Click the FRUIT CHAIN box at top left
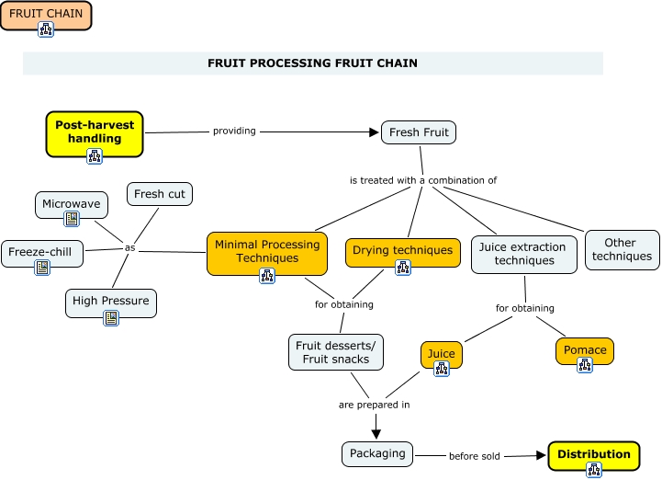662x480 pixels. pyautogui.click(x=46, y=15)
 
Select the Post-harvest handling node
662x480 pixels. pyautogui.click(x=95, y=131)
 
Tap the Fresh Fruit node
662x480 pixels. pyautogui.click(x=419, y=132)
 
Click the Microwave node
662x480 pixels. pyautogui.click(x=72, y=204)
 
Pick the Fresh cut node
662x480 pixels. pyautogui.click(x=160, y=194)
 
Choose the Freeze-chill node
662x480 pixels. pyautogui.click(x=42, y=252)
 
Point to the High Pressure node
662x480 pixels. pyautogui.click(x=111, y=301)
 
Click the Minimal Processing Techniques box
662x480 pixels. pyautogui.click(x=267, y=251)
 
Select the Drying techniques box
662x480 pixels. pyautogui.click(x=403, y=250)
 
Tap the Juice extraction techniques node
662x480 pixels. pyautogui.click(x=524, y=254)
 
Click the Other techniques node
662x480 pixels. pyautogui.click(x=622, y=250)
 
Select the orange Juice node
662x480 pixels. pyautogui.click(x=442, y=353)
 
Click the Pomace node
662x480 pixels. pyautogui.click(x=585, y=349)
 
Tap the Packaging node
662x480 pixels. pyautogui.click(x=377, y=453)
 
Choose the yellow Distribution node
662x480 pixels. pyautogui.click(x=593, y=454)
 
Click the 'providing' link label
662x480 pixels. pyautogui.click(x=234, y=131)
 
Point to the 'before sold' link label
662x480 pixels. pyautogui.click(x=475, y=456)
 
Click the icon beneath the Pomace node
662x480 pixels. pyautogui.click(x=585, y=366)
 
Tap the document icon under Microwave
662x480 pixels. pyautogui.click(x=72, y=220)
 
